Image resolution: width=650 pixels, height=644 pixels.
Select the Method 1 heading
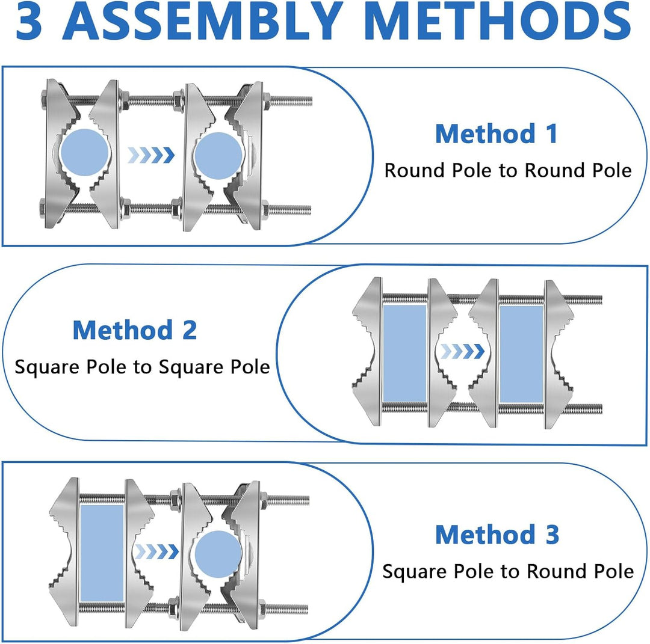pyautogui.click(x=496, y=133)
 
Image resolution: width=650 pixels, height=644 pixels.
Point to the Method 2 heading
pyautogui.click(x=135, y=330)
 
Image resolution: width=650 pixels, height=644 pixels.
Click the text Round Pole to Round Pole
pyautogui.click(x=508, y=170)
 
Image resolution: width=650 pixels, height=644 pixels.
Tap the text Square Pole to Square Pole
pyautogui.click(x=142, y=367)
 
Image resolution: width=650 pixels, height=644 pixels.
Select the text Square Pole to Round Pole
pyautogui.click(x=508, y=571)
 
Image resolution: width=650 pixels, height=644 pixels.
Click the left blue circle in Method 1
pyautogui.click(x=85, y=152)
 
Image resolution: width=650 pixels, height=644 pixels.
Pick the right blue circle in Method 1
pyautogui.click(x=218, y=156)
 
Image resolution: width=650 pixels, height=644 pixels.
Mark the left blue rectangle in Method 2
pyautogui.click(x=404, y=354)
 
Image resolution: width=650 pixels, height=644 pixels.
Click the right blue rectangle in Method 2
pyautogui.click(x=521, y=354)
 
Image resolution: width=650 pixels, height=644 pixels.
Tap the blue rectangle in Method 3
pyautogui.click(x=102, y=553)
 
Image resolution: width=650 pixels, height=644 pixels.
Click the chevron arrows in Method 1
pyautogui.click(x=151, y=155)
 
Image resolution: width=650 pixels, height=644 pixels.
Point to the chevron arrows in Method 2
pyautogui.click(x=462, y=351)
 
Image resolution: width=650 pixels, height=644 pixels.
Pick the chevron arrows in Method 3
pyautogui.click(x=156, y=551)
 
